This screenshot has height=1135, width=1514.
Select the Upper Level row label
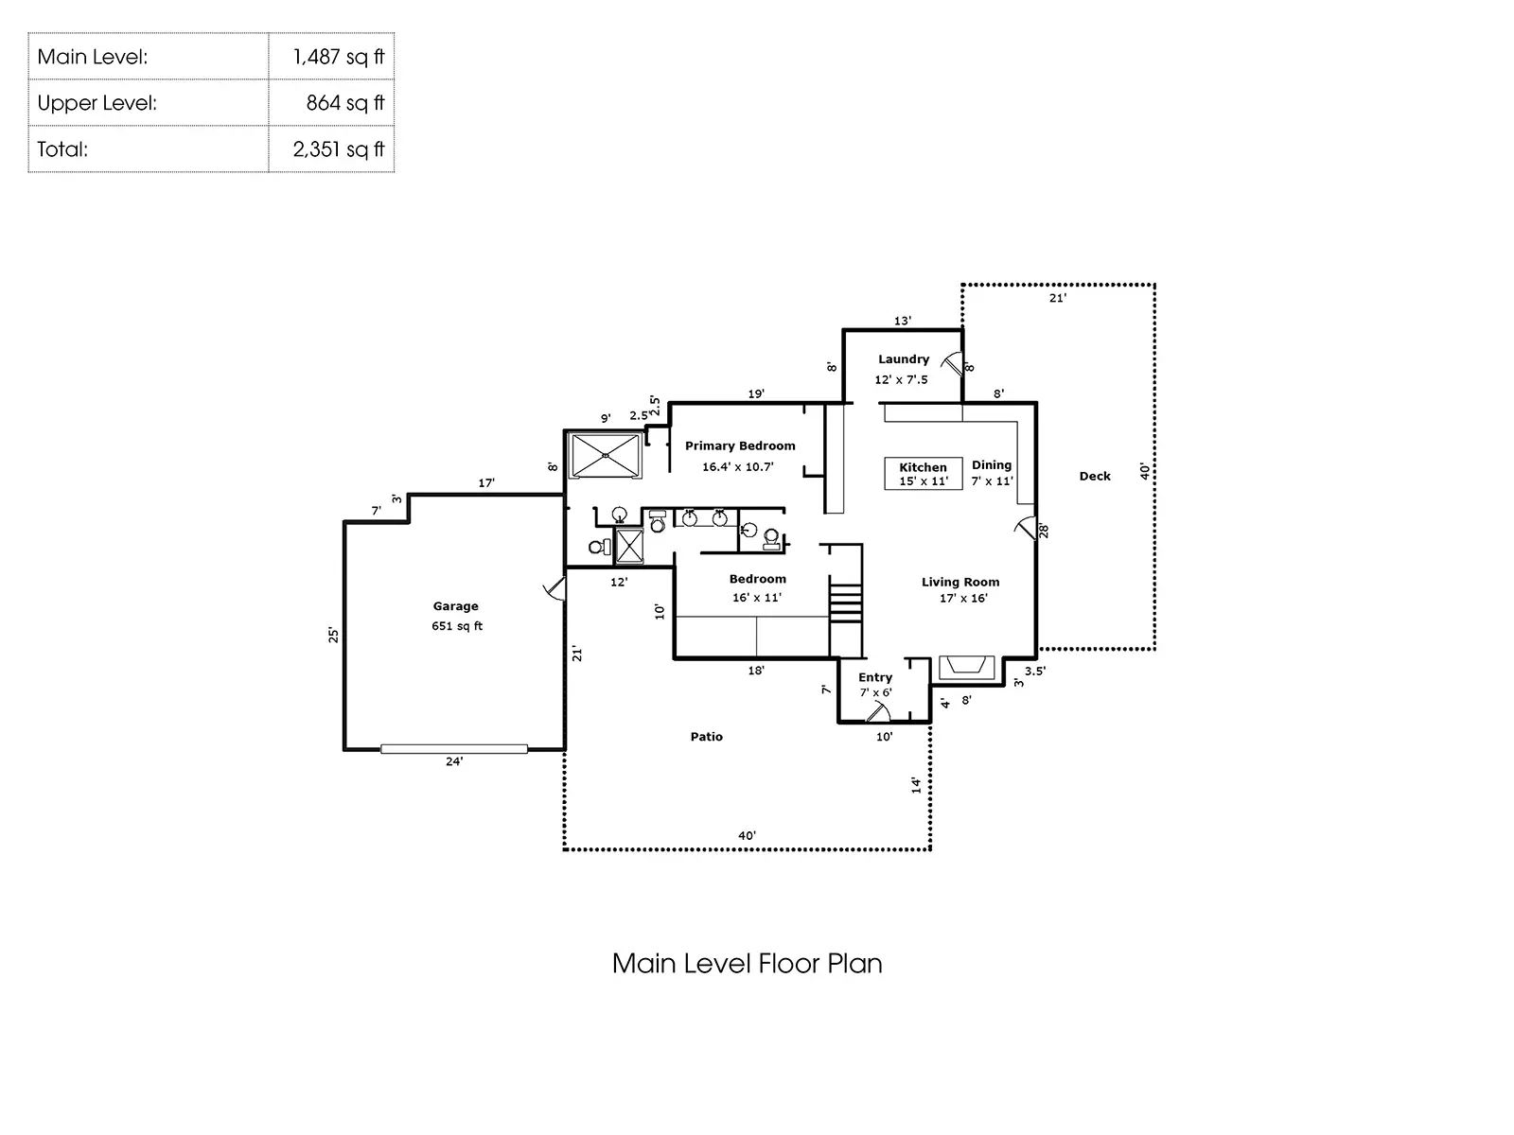pos(97,103)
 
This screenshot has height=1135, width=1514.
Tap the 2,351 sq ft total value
pos(338,148)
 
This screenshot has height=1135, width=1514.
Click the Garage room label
pos(456,606)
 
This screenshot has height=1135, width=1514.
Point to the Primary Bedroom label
pos(740,445)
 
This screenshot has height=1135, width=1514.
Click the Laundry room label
pos(904,359)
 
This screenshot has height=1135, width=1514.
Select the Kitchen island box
pos(923,474)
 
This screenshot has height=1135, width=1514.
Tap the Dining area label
pos(991,465)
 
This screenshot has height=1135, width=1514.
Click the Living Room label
pos(960,583)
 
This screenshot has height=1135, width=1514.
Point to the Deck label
pos(1095,476)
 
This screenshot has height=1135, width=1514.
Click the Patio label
pos(706,737)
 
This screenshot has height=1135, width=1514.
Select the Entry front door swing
pos(879,712)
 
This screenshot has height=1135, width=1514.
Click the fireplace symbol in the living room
pos(966,668)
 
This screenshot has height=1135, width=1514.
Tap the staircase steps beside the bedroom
pos(845,603)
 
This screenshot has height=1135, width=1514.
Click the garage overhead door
pos(454,749)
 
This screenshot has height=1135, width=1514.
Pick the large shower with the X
pos(605,455)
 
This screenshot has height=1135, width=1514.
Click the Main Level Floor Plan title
pos(747,964)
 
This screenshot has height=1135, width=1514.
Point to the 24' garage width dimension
pos(454,761)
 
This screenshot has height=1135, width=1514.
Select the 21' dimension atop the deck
pos(1057,298)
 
